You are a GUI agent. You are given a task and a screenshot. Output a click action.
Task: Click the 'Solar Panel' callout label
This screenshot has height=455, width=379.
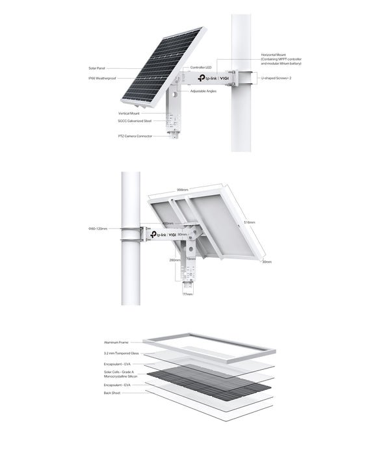tap(97, 68)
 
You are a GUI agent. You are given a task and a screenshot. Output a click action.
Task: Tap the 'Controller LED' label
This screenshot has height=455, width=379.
tap(199, 68)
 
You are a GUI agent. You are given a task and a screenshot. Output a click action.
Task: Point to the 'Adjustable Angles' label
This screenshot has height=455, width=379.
tap(203, 91)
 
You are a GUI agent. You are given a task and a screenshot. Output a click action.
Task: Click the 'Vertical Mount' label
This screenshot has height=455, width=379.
tap(138, 113)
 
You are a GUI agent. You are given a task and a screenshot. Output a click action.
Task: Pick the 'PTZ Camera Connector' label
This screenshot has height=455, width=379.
tap(135, 136)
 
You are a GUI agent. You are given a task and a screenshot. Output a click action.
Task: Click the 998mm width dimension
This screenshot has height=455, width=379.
tap(183, 190)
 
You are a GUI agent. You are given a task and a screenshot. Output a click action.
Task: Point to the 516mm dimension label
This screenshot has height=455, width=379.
tap(249, 222)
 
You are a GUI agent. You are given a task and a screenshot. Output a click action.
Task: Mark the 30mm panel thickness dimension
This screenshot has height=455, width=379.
tap(267, 262)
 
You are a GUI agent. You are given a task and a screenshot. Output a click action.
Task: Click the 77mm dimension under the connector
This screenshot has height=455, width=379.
tap(188, 294)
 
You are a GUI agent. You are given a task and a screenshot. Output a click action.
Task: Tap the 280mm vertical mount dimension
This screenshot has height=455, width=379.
tap(174, 260)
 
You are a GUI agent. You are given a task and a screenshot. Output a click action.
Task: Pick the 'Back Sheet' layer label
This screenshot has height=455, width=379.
tap(112, 393)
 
